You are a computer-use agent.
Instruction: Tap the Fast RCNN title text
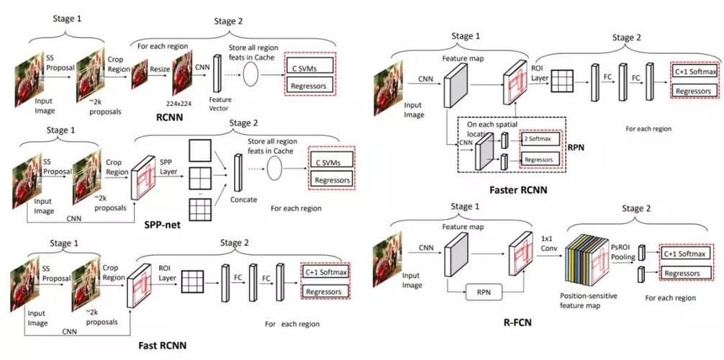(x=163, y=346)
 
